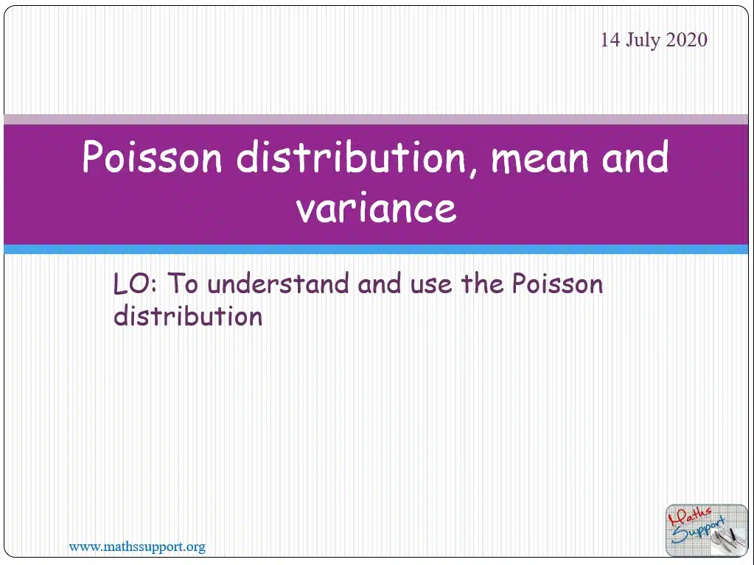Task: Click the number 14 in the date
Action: tap(611, 40)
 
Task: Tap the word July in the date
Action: tap(643, 41)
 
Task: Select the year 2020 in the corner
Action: tap(686, 40)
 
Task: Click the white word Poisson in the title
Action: tap(153, 157)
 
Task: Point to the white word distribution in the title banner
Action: tap(352, 157)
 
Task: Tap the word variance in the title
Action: tap(376, 208)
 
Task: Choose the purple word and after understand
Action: tap(380, 284)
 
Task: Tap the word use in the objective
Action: tap(431, 287)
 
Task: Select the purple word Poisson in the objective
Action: tap(557, 284)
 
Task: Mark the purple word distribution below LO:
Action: tap(188, 316)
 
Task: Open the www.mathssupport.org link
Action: tap(137, 547)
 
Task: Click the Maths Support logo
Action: tap(706, 530)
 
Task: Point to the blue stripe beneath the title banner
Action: tap(376, 249)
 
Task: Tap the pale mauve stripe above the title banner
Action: tap(376, 119)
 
